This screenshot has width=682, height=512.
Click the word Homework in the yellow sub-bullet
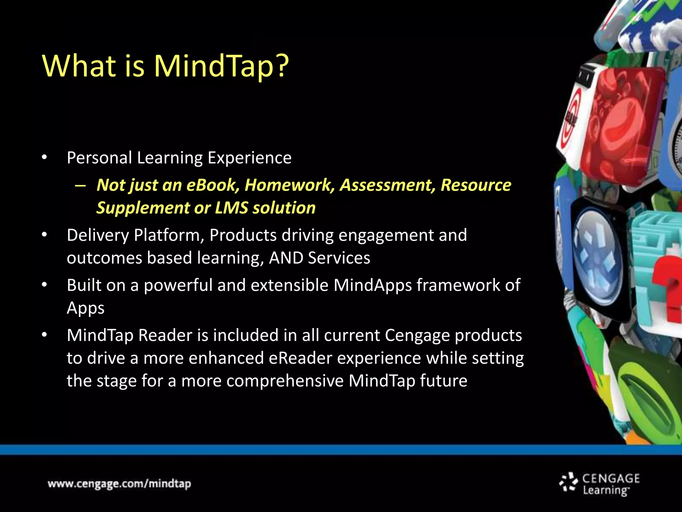(x=289, y=185)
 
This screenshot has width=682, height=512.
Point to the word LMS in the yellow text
(x=231, y=208)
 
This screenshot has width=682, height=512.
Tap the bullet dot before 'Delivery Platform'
(x=44, y=235)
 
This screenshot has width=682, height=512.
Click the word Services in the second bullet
(x=339, y=258)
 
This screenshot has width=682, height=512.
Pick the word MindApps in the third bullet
(x=373, y=286)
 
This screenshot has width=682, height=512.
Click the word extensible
(x=289, y=285)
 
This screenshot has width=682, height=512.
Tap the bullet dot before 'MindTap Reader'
(x=44, y=335)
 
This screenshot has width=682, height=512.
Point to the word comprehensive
(x=285, y=381)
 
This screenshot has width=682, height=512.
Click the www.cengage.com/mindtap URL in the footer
(x=119, y=484)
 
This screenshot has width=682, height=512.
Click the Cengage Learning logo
(x=600, y=484)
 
